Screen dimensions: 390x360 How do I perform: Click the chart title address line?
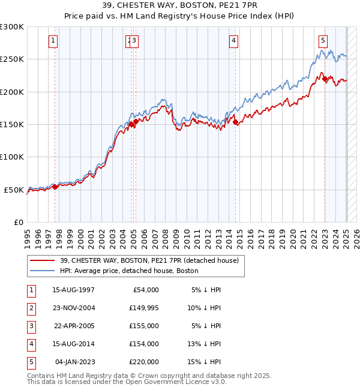coord(179,7)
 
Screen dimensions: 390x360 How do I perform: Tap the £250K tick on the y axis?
coord(12,59)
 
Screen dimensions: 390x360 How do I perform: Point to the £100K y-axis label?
coord(12,157)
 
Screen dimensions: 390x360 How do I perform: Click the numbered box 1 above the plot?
coord(53,41)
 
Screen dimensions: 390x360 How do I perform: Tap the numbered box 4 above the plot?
coord(233,41)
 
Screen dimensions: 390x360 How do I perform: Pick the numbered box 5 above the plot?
coord(323,41)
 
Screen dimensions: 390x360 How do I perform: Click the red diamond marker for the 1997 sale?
coord(55,187)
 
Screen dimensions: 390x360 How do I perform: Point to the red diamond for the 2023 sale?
coord(325,79)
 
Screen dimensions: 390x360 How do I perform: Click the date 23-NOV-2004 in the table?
coord(73,308)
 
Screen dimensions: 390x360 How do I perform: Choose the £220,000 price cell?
coord(143,362)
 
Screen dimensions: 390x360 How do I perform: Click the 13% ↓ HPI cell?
coord(204,344)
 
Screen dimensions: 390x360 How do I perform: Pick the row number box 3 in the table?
coord(30,326)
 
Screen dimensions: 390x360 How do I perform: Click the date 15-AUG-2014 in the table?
coord(73,344)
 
